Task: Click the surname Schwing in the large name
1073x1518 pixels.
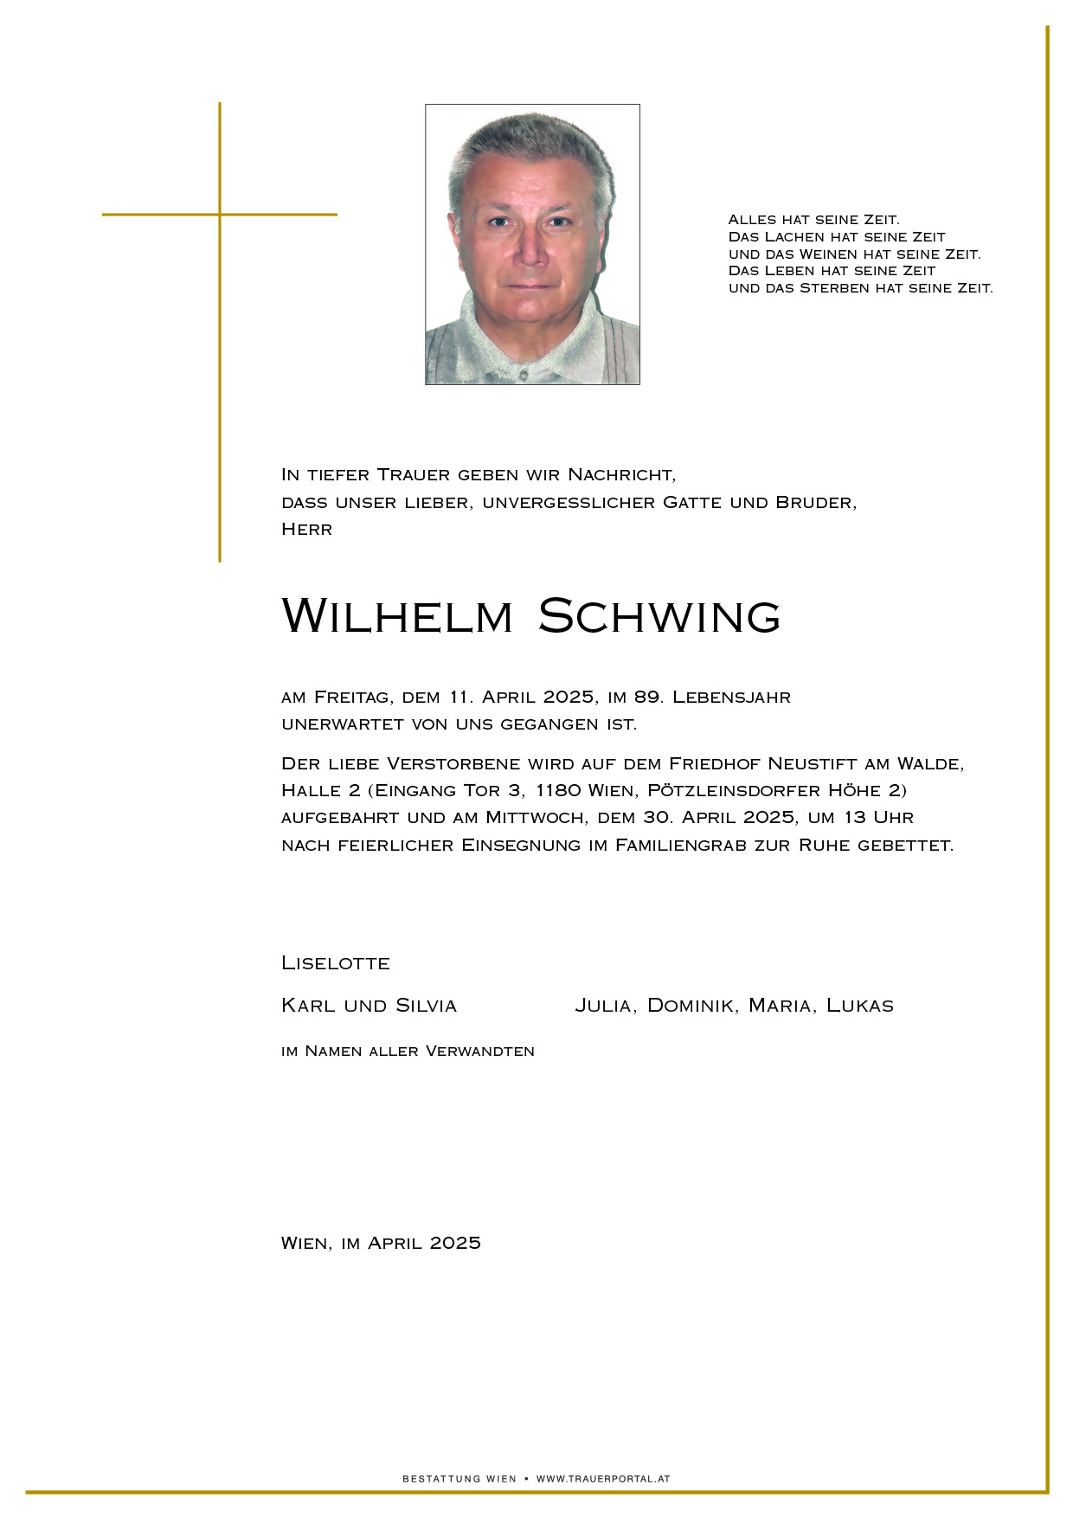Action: pyautogui.click(x=659, y=616)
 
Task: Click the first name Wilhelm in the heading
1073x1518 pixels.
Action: pyautogui.click(x=397, y=616)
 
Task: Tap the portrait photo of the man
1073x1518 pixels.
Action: pyautogui.click(x=532, y=245)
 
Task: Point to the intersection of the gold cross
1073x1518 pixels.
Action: pyautogui.click(x=220, y=214)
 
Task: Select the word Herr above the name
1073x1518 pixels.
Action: pyautogui.click(x=306, y=530)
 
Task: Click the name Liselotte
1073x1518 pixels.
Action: pyautogui.click(x=336, y=963)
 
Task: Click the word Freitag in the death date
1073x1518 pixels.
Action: pyautogui.click(x=354, y=698)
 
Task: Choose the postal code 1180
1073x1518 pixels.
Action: pyautogui.click(x=558, y=791)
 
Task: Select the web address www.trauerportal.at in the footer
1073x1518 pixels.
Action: pyautogui.click(x=603, y=1479)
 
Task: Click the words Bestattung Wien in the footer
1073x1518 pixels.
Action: pyautogui.click(x=459, y=1479)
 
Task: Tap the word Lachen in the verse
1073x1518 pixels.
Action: pyautogui.click(x=794, y=237)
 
